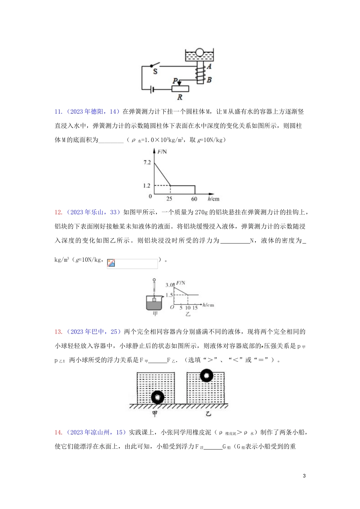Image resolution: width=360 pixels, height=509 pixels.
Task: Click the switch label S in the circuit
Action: [155, 71]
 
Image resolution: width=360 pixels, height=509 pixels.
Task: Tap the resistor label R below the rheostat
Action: [180, 97]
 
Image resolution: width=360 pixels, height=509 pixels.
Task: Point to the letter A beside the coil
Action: [209, 67]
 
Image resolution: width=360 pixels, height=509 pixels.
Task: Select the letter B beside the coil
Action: [209, 80]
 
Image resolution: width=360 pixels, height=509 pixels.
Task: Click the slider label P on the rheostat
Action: [175, 81]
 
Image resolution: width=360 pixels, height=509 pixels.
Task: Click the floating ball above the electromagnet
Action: [199, 53]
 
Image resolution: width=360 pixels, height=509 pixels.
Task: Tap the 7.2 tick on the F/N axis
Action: [147, 162]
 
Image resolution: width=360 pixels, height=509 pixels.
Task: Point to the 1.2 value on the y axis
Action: [147, 186]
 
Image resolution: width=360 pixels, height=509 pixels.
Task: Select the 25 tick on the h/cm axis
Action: [169, 199]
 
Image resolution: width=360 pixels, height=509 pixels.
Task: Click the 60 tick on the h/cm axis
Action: [194, 199]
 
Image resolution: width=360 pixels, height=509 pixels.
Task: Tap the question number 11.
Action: [58, 112]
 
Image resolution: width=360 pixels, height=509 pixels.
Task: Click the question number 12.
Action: [58, 212]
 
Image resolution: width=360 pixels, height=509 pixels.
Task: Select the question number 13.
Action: [58, 332]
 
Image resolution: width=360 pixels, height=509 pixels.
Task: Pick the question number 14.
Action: [58, 432]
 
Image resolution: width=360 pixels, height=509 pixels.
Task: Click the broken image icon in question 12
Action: [111, 263]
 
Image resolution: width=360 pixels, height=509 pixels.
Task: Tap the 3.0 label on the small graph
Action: [169, 285]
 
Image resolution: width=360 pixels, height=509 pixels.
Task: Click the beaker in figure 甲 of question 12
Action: [154, 303]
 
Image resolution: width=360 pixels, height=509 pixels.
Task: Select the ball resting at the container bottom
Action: [157, 397]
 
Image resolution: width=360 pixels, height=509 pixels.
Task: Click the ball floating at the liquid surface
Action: [207, 375]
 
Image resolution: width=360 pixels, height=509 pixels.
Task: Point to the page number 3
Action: [304, 476]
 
